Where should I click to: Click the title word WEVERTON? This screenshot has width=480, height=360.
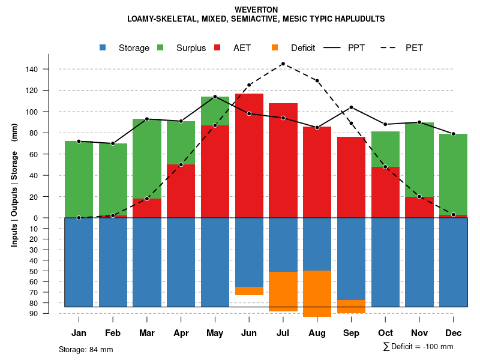point(256,10)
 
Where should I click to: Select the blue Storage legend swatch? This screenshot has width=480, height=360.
point(103,47)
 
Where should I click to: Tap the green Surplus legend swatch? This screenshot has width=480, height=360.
point(160,47)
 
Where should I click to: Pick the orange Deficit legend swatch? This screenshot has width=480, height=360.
point(275,47)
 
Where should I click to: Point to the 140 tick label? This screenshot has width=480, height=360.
point(32,70)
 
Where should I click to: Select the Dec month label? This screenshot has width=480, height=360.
point(453,333)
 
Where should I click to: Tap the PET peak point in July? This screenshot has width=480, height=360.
point(283,64)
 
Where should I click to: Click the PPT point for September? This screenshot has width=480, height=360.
point(351,107)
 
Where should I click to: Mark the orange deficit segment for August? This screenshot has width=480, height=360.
point(317,293)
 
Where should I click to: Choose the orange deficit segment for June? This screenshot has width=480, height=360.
point(249,291)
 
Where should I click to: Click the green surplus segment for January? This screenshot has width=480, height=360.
point(79,179)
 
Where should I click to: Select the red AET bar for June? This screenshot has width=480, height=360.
point(249,155)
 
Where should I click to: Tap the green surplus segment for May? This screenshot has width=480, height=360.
point(215,111)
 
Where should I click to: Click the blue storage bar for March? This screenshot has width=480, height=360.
point(147,262)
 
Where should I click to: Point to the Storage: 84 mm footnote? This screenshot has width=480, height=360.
point(86,349)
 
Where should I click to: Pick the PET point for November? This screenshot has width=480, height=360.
point(419,196)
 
